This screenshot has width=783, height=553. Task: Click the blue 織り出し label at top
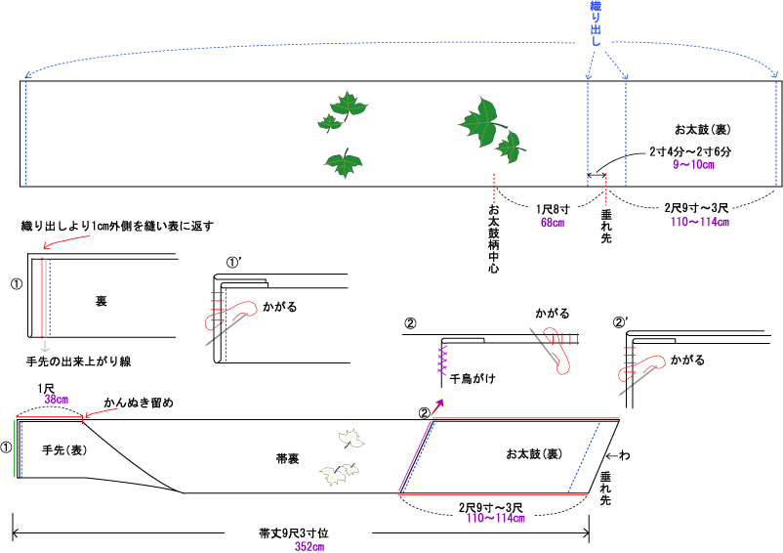(x=596, y=26)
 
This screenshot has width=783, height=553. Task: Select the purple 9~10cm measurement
(x=694, y=165)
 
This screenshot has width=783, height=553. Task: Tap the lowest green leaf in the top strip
(x=343, y=162)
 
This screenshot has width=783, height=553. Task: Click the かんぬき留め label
(x=141, y=402)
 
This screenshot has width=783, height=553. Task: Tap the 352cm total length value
(x=309, y=547)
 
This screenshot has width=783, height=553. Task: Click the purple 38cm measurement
(x=56, y=399)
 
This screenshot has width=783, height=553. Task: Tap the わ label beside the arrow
(x=625, y=455)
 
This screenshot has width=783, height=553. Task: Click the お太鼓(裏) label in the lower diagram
(x=533, y=454)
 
